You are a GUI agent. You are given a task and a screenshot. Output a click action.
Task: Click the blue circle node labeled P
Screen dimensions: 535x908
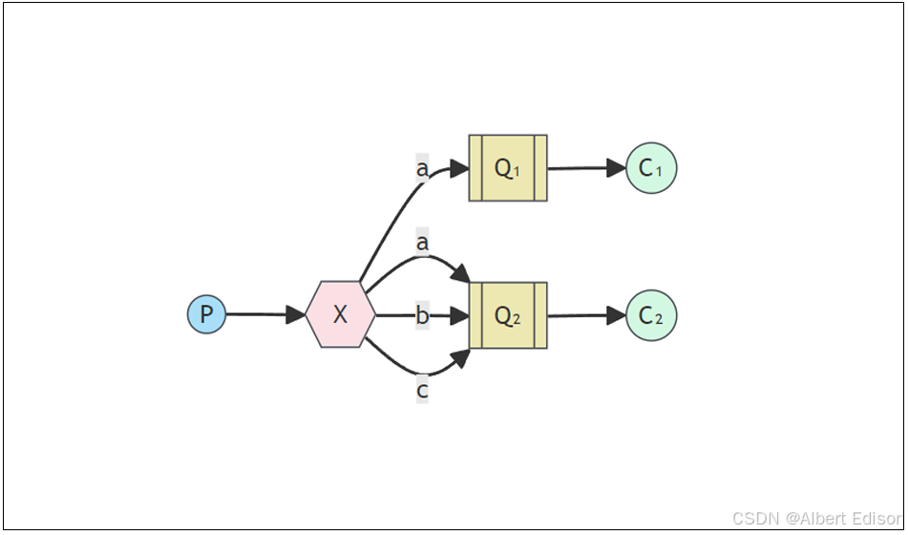coord(206,314)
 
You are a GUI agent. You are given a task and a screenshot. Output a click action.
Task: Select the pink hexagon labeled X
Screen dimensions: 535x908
coord(340,314)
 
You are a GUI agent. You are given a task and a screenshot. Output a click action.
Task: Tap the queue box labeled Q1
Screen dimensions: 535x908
coord(508,168)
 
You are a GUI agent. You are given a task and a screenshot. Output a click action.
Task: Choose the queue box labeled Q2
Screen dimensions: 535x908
coord(508,315)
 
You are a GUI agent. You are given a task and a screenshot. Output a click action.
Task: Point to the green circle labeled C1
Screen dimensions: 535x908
coord(651,168)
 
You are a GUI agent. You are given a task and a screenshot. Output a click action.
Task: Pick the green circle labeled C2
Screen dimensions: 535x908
coord(651,315)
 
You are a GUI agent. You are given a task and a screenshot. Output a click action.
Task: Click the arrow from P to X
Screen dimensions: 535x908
coord(258,314)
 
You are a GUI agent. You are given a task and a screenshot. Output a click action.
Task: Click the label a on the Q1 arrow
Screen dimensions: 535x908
coord(422,169)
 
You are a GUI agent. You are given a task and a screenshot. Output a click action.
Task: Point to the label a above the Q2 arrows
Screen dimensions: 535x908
coord(422,244)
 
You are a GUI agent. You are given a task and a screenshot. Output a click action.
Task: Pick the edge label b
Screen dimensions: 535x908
coord(422,315)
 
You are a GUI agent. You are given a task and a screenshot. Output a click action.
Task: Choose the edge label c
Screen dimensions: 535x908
coord(422,390)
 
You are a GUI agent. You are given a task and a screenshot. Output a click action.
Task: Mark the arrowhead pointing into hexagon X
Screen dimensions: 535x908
coord(297,314)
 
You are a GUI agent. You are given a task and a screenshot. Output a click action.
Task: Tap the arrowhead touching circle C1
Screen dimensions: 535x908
coord(616,168)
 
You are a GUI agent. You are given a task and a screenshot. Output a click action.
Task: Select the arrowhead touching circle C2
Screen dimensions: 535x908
coord(616,315)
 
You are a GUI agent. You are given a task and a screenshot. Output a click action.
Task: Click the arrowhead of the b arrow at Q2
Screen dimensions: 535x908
coord(460,315)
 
